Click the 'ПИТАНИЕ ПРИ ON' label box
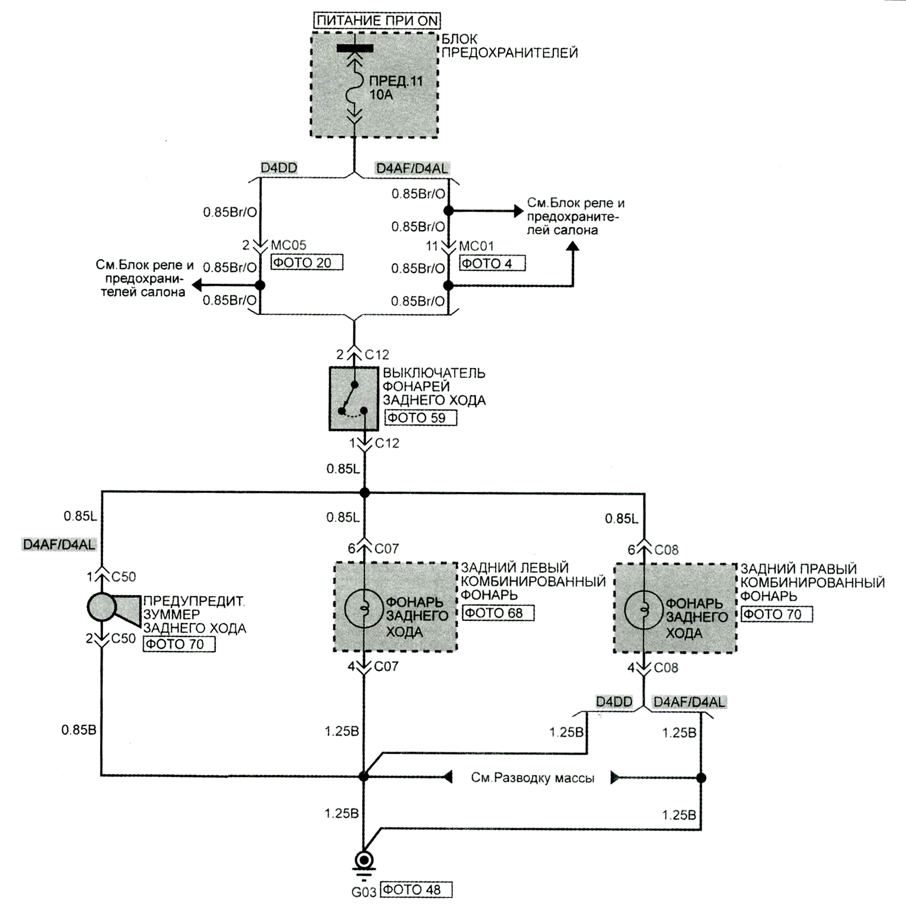377,21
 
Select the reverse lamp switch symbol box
353,399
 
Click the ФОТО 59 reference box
421,418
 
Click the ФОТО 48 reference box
416,890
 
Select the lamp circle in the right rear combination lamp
644,610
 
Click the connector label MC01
476,246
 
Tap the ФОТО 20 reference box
307,262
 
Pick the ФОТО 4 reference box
492,263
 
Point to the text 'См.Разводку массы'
532,778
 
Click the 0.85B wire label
79,730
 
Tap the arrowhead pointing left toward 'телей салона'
197,285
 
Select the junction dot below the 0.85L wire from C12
364,493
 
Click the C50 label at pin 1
123,577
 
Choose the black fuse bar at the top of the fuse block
355,48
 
